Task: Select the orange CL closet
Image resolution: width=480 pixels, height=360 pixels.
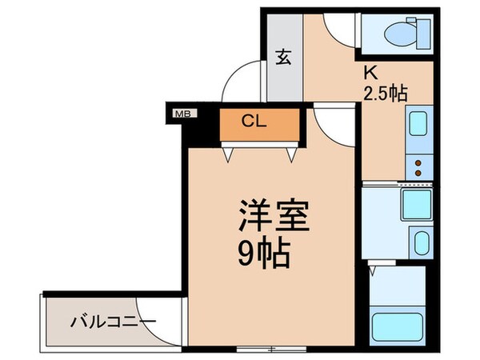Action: pyautogui.click(x=261, y=123)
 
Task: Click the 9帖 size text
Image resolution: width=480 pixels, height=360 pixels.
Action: pyautogui.click(x=262, y=254)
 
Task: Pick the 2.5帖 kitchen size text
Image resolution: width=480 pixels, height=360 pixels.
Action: pyautogui.click(x=385, y=92)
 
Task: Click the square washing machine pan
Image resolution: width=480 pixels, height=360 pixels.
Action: pyautogui.click(x=415, y=205)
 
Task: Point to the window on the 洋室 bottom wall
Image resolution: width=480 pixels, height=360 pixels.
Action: pyautogui.click(x=272, y=349)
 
